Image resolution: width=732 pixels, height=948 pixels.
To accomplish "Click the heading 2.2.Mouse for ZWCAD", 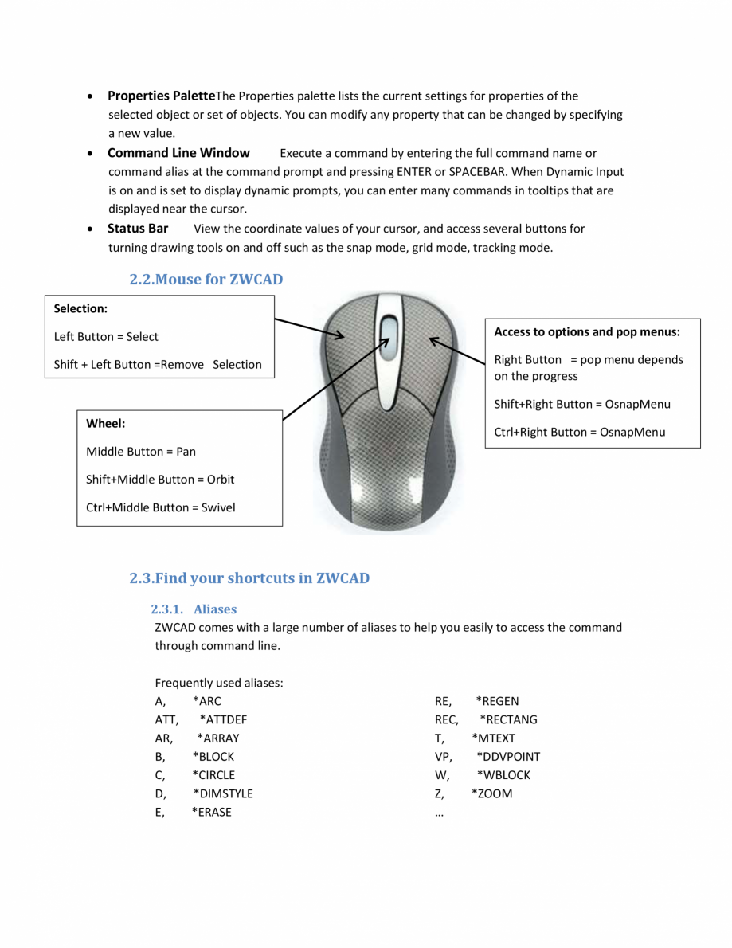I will click(x=206, y=280).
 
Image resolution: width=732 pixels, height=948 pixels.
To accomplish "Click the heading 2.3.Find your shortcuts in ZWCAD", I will click(x=249, y=578).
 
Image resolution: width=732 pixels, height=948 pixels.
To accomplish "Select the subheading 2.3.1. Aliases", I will click(x=194, y=609).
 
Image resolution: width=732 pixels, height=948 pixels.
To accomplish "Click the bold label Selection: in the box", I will click(x=80, y=308).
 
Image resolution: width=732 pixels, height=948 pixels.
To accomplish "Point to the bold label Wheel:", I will click(x=105, y=424).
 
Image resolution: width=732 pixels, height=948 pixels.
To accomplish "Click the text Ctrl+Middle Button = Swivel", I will click(x=161, y=507).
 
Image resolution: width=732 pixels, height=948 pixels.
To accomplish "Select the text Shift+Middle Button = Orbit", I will click(x=160, y=480).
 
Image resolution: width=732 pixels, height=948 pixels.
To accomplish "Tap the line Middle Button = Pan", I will click(x=141, y=452).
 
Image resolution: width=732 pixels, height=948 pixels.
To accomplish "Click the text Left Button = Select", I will click(x=106, y=337).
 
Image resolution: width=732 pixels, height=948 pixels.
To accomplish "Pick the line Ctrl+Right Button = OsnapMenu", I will click(x=579, y=433).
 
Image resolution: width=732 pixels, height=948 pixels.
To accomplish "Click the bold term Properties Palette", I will click(x=162, y=96).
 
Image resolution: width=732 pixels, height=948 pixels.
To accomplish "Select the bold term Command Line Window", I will click(x=178, y=153).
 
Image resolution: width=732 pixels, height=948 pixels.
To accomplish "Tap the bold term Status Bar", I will click(x=138, y=229).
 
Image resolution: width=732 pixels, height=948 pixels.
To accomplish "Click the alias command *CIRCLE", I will click(x=213, y=775).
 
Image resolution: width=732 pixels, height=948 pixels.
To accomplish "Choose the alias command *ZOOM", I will click(x=491, y=793).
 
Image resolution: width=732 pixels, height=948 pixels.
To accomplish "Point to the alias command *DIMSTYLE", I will click(x=222, y=793).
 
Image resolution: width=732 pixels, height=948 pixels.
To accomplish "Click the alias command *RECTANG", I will click(x=508, y=719).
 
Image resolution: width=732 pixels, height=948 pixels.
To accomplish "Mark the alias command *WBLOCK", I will click(x=503, y=775).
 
